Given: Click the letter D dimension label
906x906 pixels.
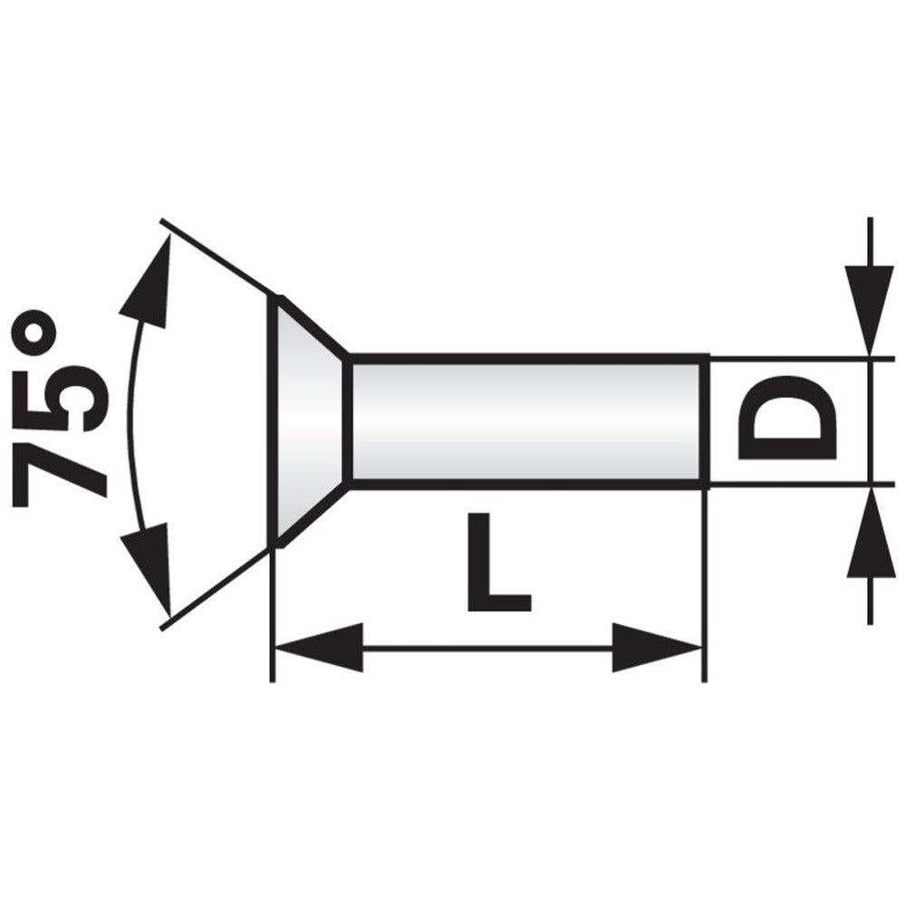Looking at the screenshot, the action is pos(787,417).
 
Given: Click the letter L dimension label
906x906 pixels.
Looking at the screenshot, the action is pos(498,562).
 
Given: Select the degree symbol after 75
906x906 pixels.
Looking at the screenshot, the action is pos(34,331).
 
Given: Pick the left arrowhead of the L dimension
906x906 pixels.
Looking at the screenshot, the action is pos(319,648).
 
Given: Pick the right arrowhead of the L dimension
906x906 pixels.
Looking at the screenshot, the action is pos(657,648).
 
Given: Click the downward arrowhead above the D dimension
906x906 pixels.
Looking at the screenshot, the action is pos(870,309).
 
